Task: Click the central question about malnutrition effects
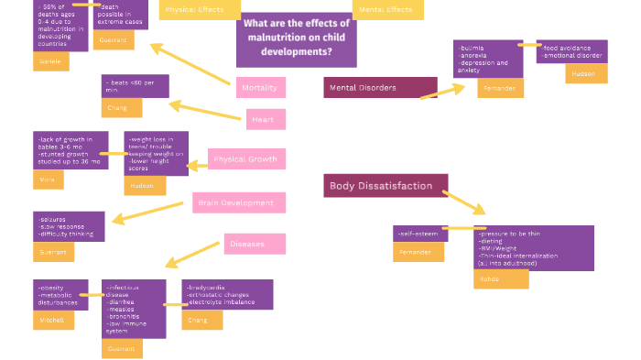click(x=296, y=38)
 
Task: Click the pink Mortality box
click(x=260, y=87)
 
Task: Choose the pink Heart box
click(x=266, y=119)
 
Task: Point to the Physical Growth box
click(x=246, y=159)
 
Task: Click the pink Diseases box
click(x=255, y=244)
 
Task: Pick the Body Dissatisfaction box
click(x=386, y=186)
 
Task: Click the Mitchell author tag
click(x=52, y=320)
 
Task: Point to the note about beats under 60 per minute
click(x=135, y=86)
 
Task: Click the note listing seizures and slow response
click(x=69, y=226)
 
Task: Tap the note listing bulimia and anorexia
click(x=487, y=59)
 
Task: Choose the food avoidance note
click(x=573, y=51)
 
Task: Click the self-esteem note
click(x=418, y=234)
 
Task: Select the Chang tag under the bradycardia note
click(x=201, y=320)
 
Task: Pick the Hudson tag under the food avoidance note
click(x=585, y=73)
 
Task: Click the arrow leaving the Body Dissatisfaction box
click(x=464, y=201)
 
